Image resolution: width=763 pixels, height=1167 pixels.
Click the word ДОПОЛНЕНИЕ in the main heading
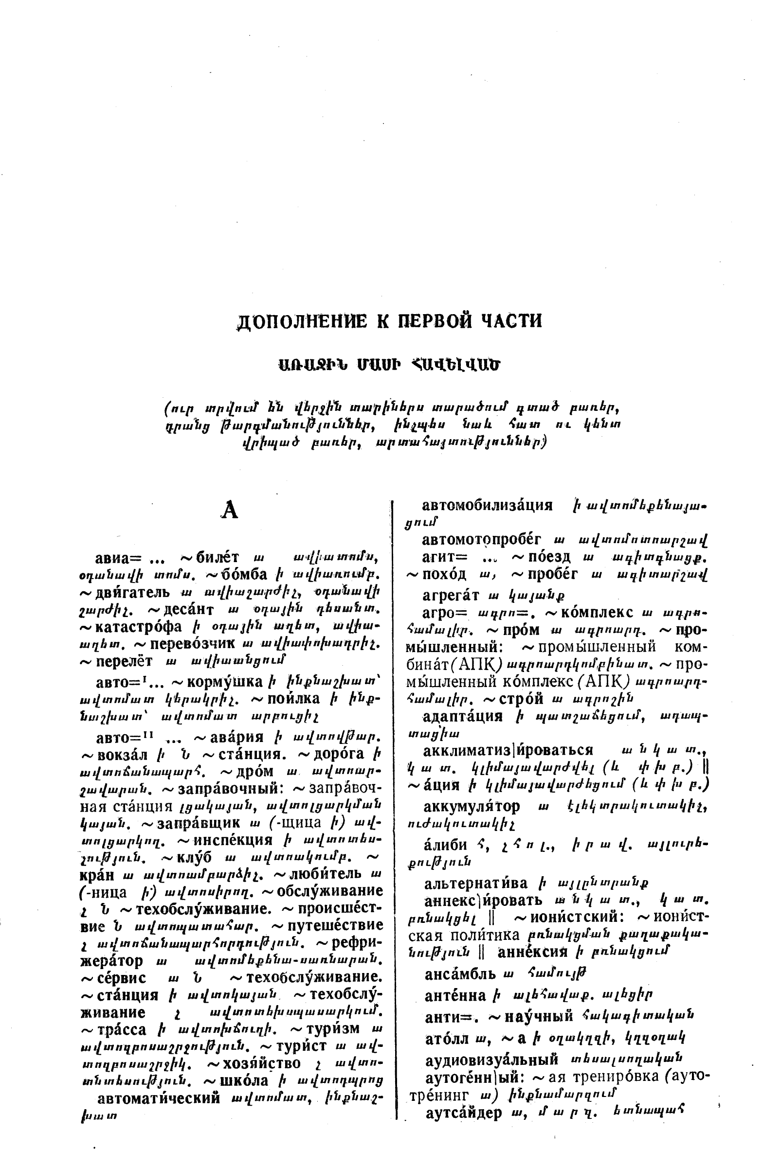(301, 321)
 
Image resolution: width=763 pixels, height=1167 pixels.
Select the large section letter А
(230, 511)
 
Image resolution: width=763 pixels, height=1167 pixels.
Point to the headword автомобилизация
(487, 505)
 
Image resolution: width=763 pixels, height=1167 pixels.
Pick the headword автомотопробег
(481, 540)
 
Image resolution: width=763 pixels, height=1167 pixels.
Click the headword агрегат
(451, 595)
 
